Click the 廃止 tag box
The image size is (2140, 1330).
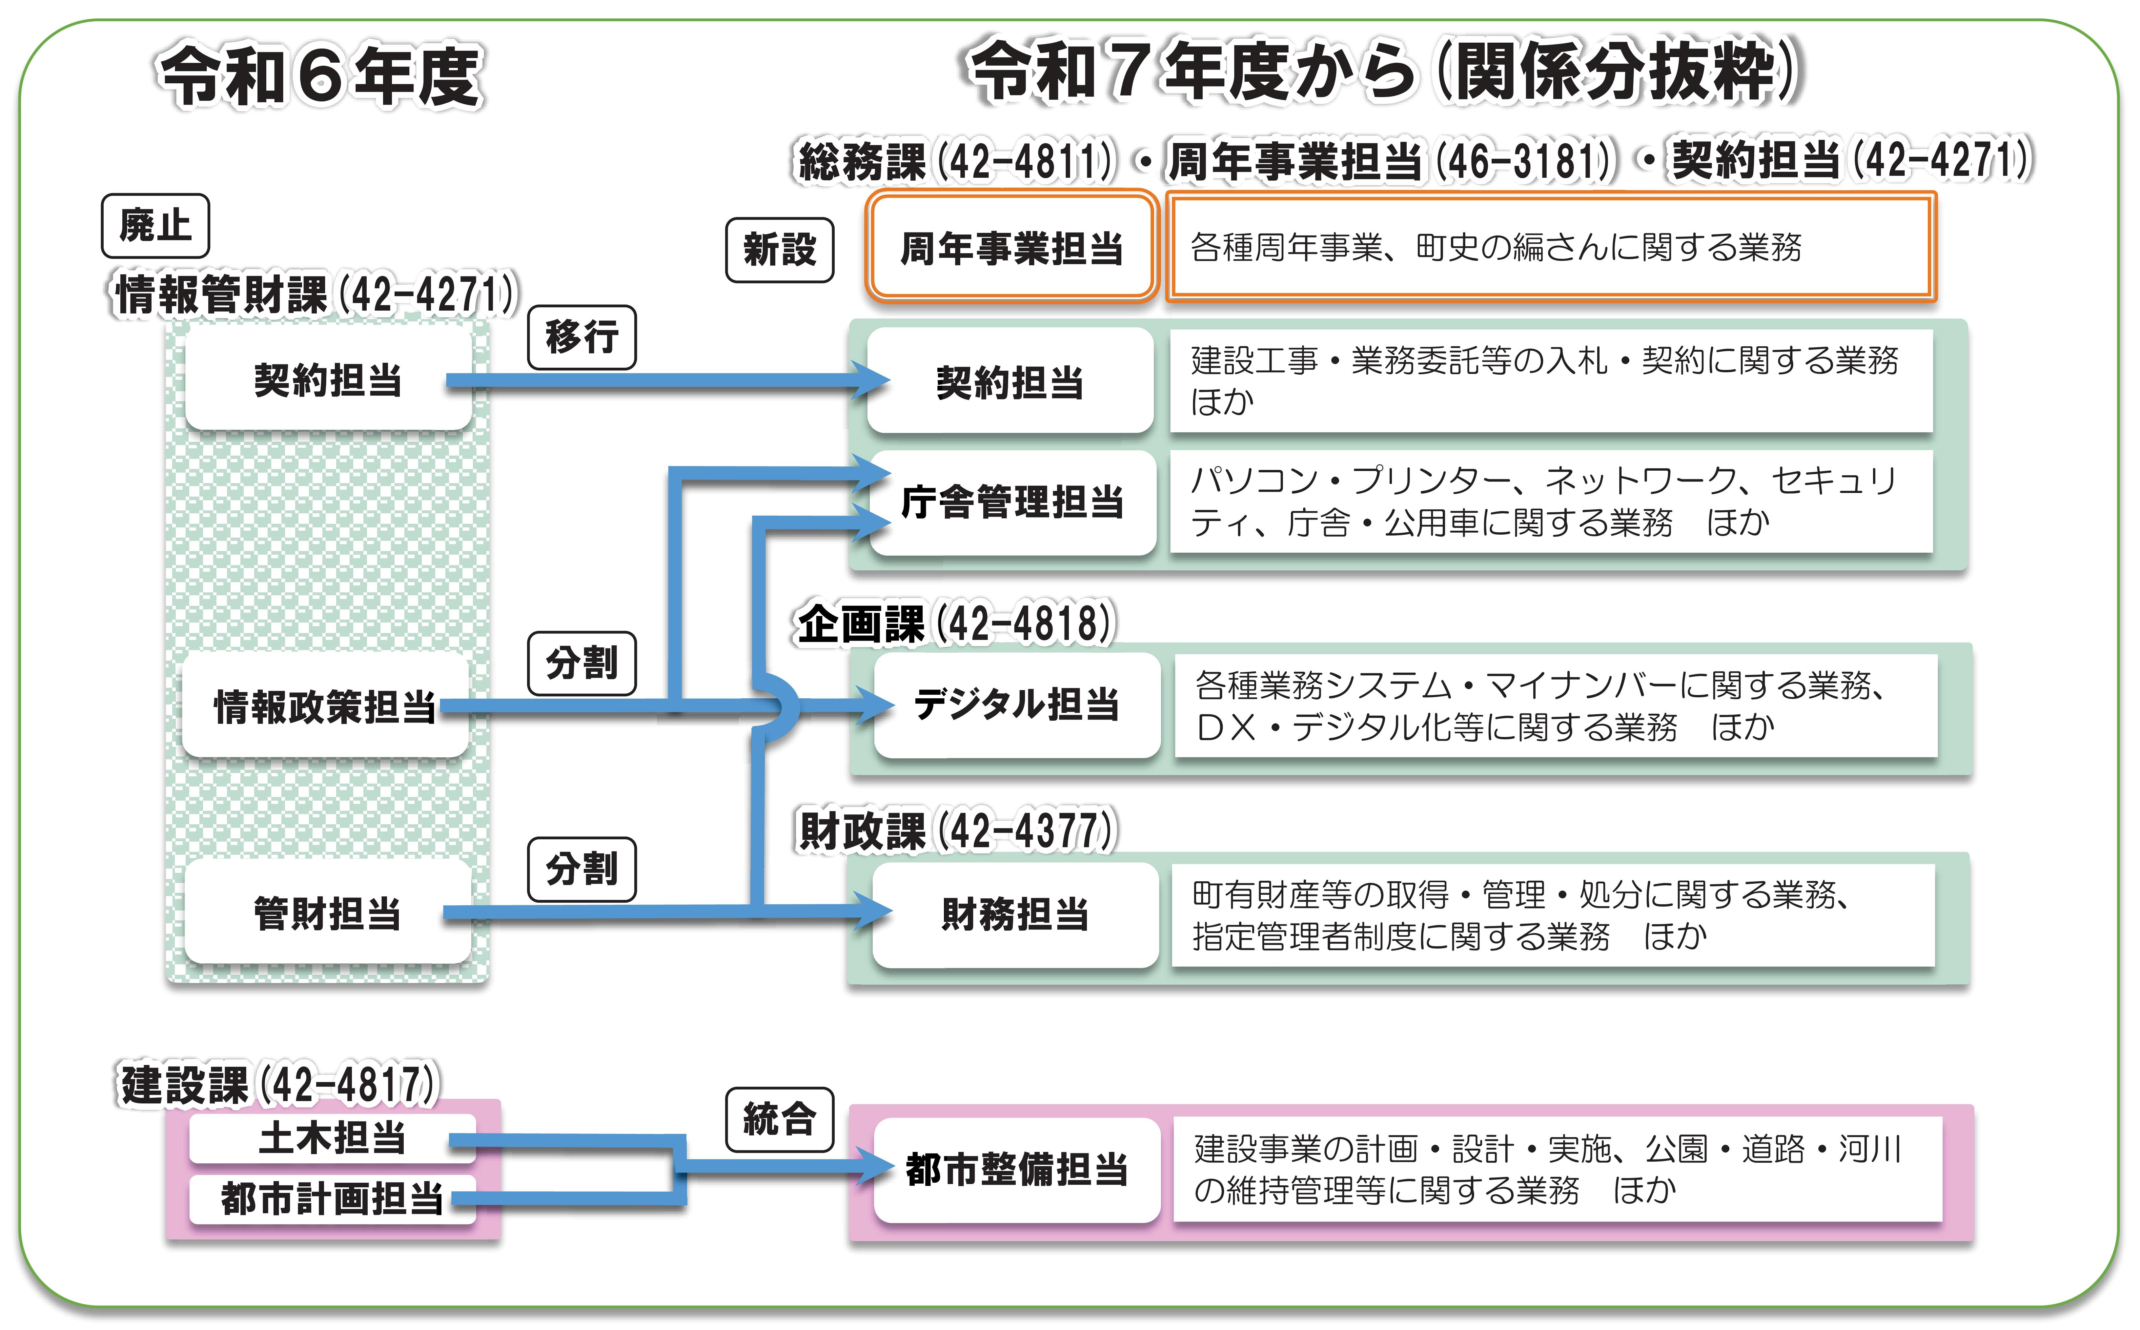(155, 226)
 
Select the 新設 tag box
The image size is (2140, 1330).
(779, 250)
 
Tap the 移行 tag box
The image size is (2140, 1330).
(581, 337)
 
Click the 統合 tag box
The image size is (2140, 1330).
(779, 1119)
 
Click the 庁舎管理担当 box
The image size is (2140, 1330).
(1011, 502)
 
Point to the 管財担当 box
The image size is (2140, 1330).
(327, 913)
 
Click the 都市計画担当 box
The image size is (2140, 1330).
(333, 1198)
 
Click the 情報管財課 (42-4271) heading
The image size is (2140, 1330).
(316, 294)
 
